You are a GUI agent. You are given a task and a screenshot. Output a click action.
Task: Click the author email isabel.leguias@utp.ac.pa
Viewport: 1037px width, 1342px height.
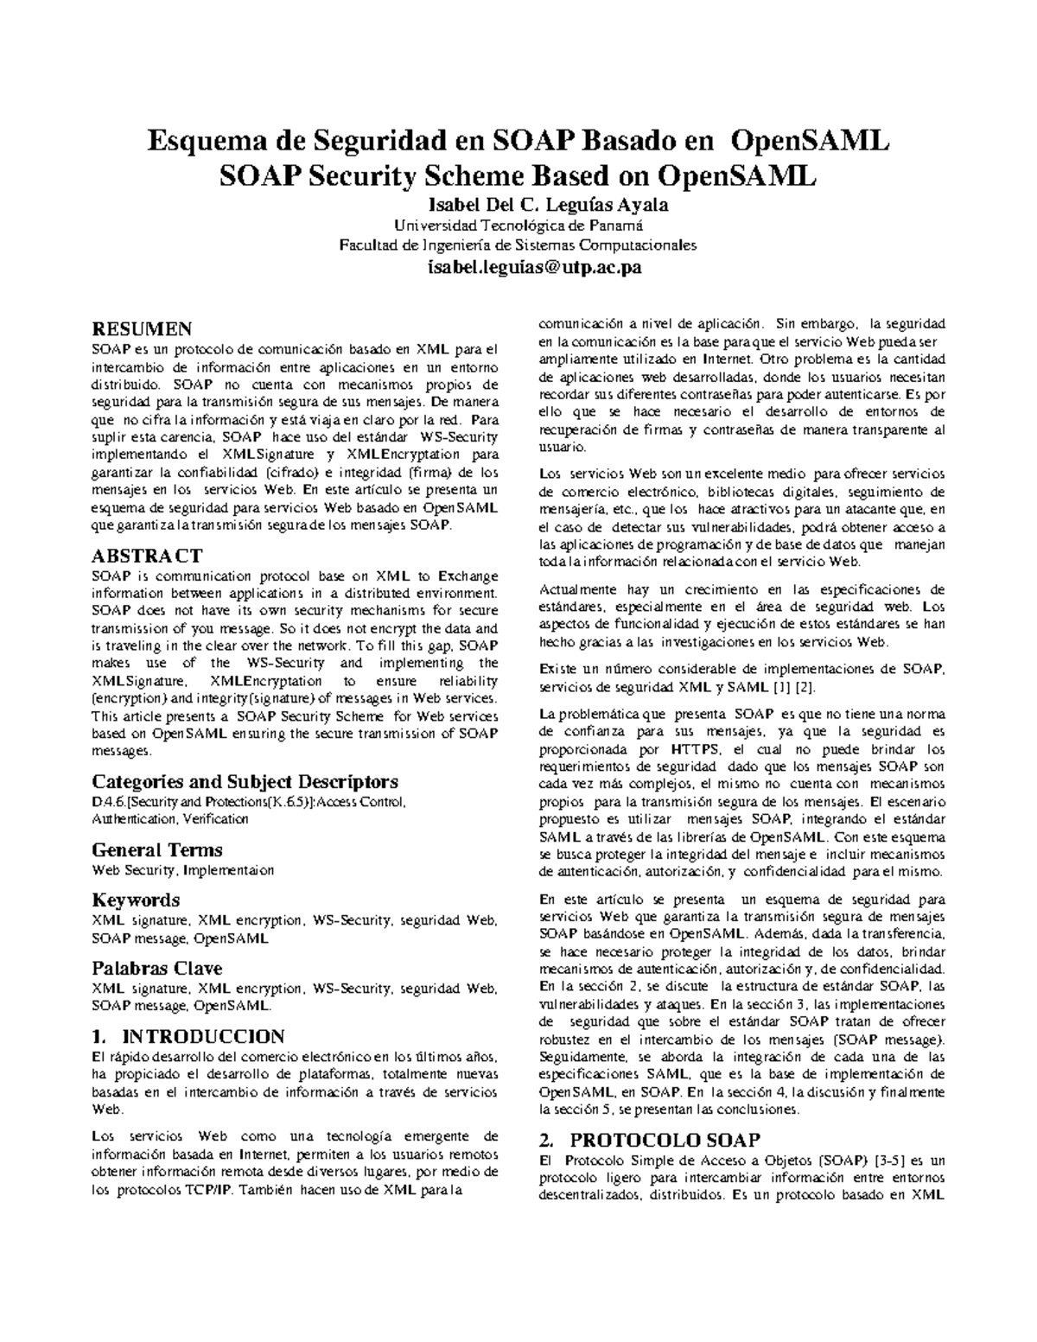click(x=518, y=269)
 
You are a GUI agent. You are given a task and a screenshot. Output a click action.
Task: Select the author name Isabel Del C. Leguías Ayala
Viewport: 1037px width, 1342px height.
click(x=518, y=206)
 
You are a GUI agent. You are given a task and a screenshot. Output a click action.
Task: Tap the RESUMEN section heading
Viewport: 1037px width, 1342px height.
click(x=142, y=328)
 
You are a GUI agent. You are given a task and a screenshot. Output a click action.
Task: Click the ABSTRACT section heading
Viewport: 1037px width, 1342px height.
click(x=147, y=555)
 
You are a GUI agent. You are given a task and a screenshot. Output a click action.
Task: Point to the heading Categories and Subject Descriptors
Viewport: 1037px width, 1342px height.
click(x=245, y=781)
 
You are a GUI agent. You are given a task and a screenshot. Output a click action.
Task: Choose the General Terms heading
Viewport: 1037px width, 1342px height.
click(x=156, y=849)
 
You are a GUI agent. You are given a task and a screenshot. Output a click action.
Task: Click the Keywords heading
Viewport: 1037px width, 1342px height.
click(x=136, y=900)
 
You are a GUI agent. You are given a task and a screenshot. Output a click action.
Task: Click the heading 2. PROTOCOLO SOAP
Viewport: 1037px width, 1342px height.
click(x=648, y=1138)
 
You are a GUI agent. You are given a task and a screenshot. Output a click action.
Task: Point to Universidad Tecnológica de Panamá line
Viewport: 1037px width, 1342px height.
click(x=518, y=226)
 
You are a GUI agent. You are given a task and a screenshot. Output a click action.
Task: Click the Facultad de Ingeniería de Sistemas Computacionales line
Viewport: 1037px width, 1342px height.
click(x=518, y=245)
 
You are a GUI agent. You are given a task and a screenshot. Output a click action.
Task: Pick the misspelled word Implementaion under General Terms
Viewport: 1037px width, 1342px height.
click(x=229, y=870)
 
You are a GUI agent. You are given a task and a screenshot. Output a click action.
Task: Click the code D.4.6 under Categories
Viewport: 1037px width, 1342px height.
click(x=108, y=802)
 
